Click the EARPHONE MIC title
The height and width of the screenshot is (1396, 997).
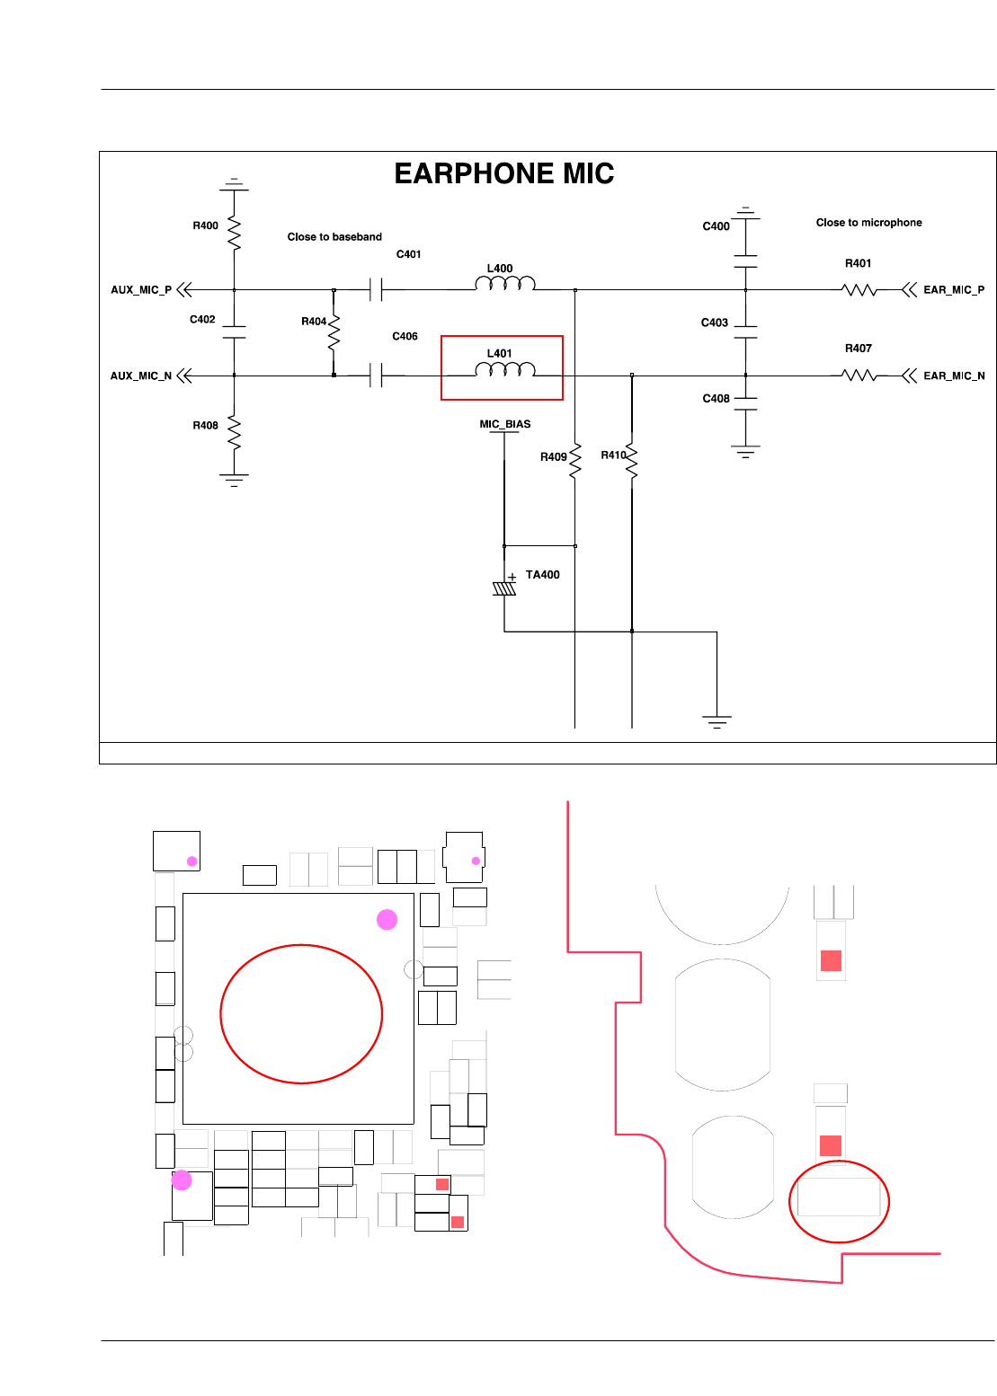point(503,173)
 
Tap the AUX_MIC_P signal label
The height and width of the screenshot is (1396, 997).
point(141,290)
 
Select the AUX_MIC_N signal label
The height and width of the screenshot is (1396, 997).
point(141,376)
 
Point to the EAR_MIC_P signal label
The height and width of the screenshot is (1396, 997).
point(954,290)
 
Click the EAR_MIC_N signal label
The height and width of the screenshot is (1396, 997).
point(954,376)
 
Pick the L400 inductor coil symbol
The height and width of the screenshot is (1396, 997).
point(505,284)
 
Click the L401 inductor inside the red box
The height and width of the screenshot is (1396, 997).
point(505,369)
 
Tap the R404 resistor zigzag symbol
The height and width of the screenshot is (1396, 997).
point(334,332)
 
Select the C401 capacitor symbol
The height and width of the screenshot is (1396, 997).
point(376,290)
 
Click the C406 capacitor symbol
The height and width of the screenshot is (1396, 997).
point(376,376)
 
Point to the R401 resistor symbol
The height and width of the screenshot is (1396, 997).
point(859,290)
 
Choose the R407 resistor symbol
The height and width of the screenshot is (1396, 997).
point(859,376)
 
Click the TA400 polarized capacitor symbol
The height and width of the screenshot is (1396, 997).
point(504,588)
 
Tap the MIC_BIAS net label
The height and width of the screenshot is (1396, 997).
point(505,424)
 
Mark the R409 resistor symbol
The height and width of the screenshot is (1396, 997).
point(574,461)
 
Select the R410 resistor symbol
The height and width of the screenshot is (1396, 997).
point(632,461)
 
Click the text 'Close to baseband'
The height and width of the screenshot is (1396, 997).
point(334,237)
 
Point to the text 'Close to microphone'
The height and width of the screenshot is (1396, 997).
point(868,223)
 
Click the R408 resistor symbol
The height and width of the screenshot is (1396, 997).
point(234,432)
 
